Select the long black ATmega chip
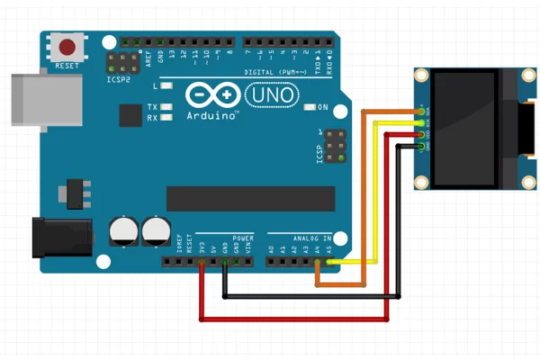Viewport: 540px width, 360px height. coord(250,198)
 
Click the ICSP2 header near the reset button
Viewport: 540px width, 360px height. coord(119,63)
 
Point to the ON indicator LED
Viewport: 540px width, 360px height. coord(310,107)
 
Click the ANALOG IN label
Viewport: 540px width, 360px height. coord(310,238)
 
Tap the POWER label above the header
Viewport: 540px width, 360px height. coord(243,238)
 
